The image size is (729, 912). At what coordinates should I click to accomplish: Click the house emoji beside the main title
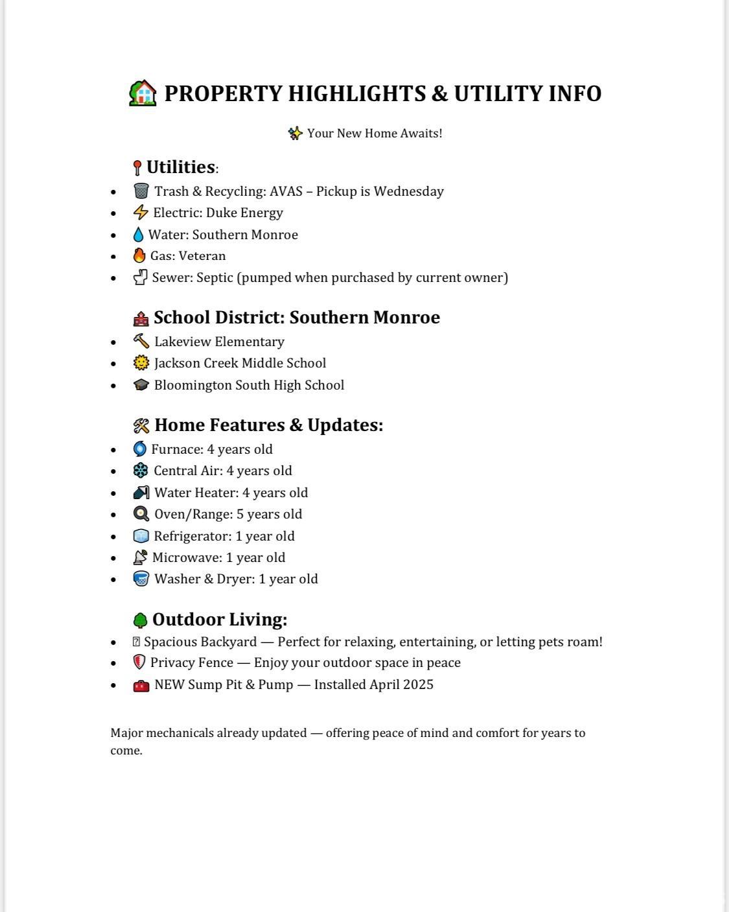(x=143, y=93)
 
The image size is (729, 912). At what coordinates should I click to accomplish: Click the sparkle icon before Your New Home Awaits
(x=295, y=134)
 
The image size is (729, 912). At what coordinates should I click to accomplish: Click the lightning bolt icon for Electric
(x=141, y=213)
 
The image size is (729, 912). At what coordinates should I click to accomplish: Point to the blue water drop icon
(x=138, y=235)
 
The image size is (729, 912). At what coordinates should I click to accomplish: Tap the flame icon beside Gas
(x=139, y=256)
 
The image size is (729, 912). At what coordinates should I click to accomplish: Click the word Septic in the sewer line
(x=214, y=277)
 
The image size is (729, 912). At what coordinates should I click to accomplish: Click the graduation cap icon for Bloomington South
(x=141, y=385)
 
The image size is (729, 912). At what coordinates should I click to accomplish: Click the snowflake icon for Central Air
(x=141, y=471)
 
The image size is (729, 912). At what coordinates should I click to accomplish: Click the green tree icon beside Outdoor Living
(x=140, y=620)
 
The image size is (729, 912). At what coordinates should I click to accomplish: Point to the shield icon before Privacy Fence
(x=139, y=662)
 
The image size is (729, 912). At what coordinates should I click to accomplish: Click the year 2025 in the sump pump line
(x=418, y=684)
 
